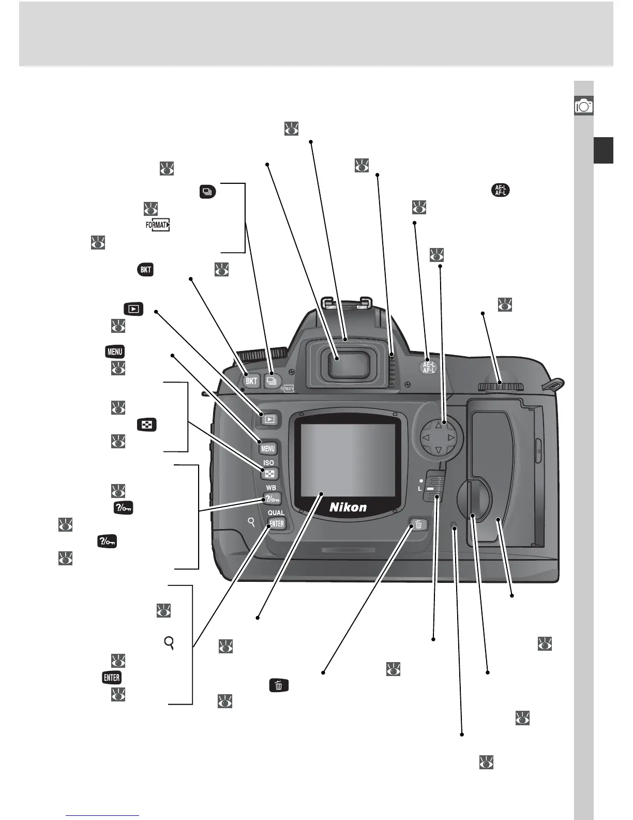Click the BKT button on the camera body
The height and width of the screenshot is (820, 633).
(251, 382)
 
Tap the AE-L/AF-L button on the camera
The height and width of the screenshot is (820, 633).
(428, 366)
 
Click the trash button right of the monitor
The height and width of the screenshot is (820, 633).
(419, 524)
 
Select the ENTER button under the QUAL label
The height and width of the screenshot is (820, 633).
(277, 523)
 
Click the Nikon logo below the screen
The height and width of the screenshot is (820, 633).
(348, 507)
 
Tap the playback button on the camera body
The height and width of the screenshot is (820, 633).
(269, 419)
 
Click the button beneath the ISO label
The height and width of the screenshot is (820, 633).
(269, 474)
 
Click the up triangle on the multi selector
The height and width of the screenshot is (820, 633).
(439, 425)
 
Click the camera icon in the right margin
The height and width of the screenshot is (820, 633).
(584, 106)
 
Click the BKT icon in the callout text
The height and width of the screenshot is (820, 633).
(146, 269)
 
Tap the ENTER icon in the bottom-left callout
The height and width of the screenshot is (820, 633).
(112, 678)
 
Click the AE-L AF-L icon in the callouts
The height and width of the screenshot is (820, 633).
(500, 190)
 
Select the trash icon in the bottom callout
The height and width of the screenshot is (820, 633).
(279, 685)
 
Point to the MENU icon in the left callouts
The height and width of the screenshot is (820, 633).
(115, 352)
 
